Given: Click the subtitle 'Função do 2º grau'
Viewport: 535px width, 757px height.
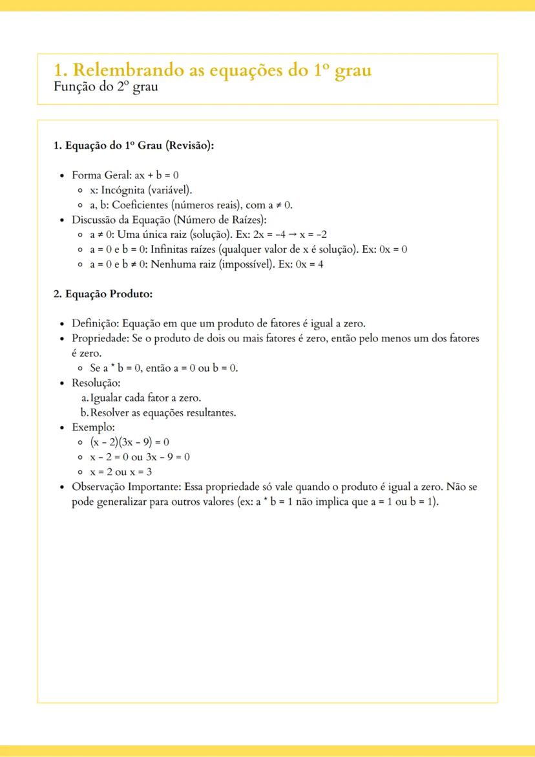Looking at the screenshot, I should tap(106, 87).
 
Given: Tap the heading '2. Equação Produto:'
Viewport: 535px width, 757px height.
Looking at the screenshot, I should tap(103, 294).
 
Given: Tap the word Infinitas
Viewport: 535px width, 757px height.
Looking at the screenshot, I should tap(171, 249).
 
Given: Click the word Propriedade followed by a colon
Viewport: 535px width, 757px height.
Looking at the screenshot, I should tap(100, 338).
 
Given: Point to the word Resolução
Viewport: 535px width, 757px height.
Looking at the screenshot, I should tap(96, 383).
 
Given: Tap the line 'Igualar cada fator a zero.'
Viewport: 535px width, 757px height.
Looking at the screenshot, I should tap(145, 398).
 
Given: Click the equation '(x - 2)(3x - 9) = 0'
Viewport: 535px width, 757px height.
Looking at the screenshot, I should tap(130, 442).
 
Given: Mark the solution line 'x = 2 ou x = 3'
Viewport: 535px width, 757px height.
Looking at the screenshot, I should tap(121, 472).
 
